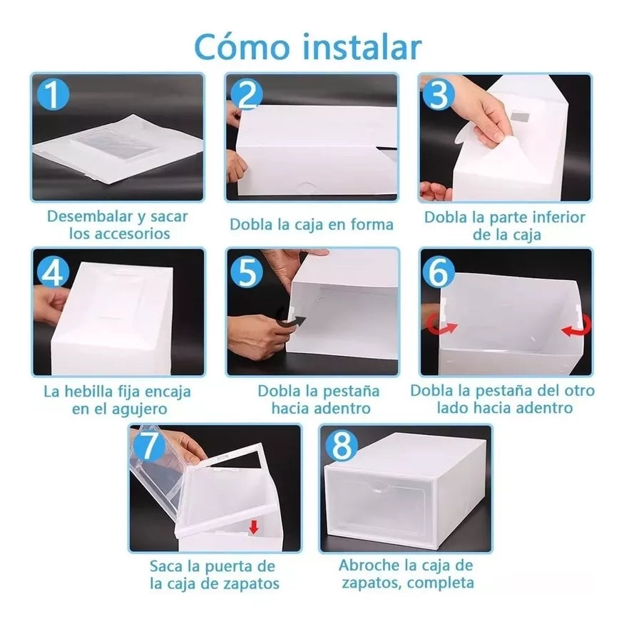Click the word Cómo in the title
(x=242, y=47)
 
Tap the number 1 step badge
(x=53, y=94)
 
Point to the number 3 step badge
(x=439, y=94)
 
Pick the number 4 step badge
(x=53, y=272)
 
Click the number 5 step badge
(x=247, y=272)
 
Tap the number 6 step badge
(x=439, y=272)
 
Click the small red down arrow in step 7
(x=254, y=527)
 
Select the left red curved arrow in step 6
(x=443, y=324)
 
